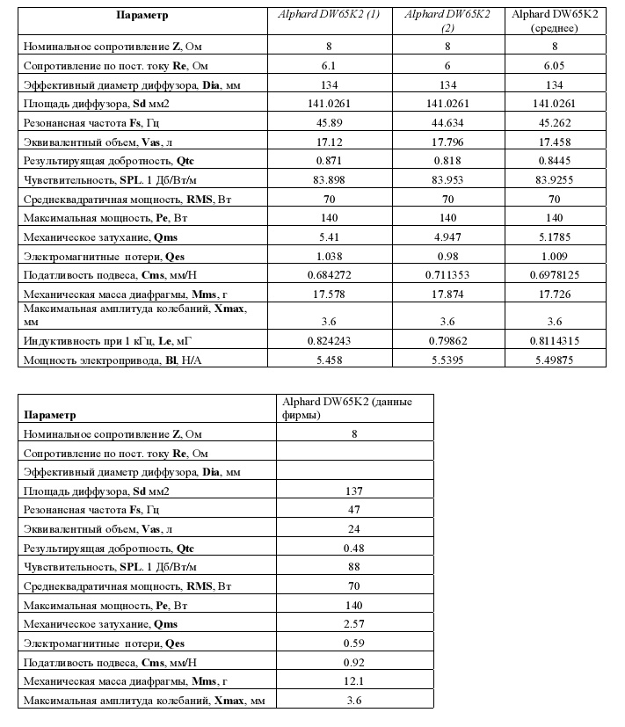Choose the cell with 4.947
pyautogui.click(x=448, y=237)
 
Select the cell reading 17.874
pyautogui.click(x=448, y=294)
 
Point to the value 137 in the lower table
pyautogui.click(x=353, y=491)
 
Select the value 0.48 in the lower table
pyautogui.click(x=353, y=548)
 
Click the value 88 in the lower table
pyautogui.click(x=353, y=566)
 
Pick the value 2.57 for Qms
pyautogui.click(x=353, y=623)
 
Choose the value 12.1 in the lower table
pyautogui.click(x=353, y=680)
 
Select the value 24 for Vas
pyautogui.click(x=353, y=528)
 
